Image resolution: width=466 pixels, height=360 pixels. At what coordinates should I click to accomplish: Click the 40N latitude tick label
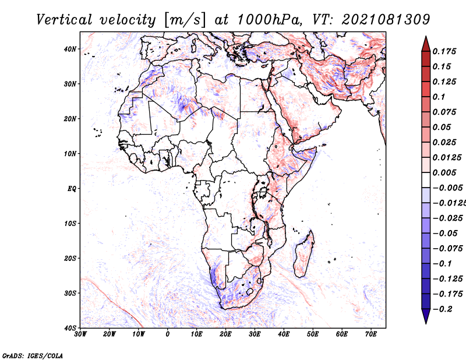click(70, 49)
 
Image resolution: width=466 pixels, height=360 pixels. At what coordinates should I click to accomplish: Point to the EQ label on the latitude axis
click(72, 189)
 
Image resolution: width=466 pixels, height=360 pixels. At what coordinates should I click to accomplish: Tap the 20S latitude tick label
click(70, 258)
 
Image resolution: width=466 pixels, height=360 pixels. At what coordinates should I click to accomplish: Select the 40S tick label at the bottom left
click(70, 328)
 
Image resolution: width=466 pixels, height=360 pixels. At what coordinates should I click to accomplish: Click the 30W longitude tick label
click(80, 334)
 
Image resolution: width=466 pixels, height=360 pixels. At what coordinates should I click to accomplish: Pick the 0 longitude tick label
click(168, 334)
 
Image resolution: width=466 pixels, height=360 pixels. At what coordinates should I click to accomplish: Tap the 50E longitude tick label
click(313, 334)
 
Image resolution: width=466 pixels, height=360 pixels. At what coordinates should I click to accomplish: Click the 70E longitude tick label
click(371, 334)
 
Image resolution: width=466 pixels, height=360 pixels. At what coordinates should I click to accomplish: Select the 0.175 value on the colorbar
click(444, 51)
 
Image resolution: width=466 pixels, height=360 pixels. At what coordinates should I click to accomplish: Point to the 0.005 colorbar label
click(444, 172)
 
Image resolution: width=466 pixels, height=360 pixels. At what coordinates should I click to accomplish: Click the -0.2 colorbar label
click(442, 309)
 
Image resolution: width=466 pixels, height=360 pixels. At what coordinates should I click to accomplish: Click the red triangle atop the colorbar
click(426, 44)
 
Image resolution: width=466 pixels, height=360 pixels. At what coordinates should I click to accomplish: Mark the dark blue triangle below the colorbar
click(426, 316)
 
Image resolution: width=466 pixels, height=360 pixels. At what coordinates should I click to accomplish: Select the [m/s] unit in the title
click(185, 20)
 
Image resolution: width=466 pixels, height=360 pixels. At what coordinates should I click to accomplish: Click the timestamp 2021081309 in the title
click(386, 20)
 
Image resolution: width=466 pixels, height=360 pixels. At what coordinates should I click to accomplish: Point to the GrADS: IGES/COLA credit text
click(33, 355)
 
